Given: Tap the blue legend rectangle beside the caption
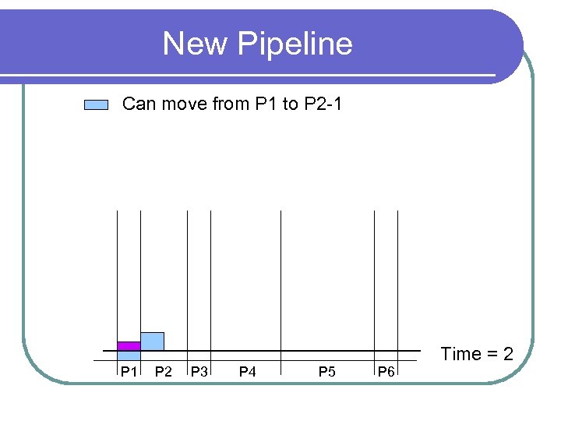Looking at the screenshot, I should [96, 105].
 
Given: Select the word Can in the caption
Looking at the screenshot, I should [139, 104].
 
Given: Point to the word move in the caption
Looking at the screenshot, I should [184, 104].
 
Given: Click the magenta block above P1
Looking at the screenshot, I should [129, 345].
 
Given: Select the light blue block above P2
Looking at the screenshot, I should [152, 341].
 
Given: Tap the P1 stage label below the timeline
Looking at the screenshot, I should [129, 372].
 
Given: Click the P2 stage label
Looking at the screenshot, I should [164, 372].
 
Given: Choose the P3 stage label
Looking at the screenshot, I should [199, 372].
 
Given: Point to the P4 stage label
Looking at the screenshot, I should [247, 372].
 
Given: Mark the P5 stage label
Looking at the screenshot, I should [327, 372].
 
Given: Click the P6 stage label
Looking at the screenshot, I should [386, 372].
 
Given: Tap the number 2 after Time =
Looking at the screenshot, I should [507, 354].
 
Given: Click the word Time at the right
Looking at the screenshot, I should [461, 354].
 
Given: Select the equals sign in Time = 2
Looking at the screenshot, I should [492, 355].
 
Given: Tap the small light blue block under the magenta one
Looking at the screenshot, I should [129, 355].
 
